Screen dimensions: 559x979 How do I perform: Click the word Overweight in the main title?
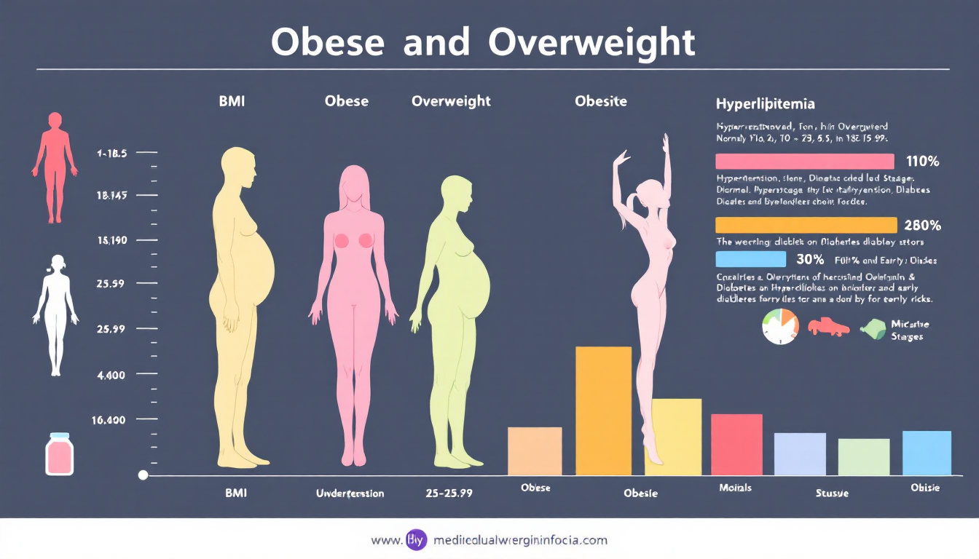point(592,44)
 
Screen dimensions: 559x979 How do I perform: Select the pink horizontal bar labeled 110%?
point(804,162)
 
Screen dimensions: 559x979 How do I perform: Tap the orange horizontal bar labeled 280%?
point(806,225)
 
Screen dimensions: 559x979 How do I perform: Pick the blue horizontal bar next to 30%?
point(750,259)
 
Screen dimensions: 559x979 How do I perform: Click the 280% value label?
point(922,225)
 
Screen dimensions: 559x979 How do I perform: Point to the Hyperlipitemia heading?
point(765,104)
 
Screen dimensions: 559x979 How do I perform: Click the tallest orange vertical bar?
point(603,411)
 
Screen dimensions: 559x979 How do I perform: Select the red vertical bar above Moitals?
point(736,444)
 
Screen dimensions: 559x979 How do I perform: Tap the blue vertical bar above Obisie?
point(927,453)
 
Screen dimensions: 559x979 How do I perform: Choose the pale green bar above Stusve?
point(863,457)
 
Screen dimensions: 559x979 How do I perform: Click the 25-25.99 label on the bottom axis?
point(449,493)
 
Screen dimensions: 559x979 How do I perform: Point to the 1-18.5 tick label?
point(111,154)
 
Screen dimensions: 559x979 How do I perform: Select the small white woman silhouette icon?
point(55,314)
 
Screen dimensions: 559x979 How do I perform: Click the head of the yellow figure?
point(240,169)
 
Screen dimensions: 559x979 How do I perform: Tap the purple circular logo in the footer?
point(416,541)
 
